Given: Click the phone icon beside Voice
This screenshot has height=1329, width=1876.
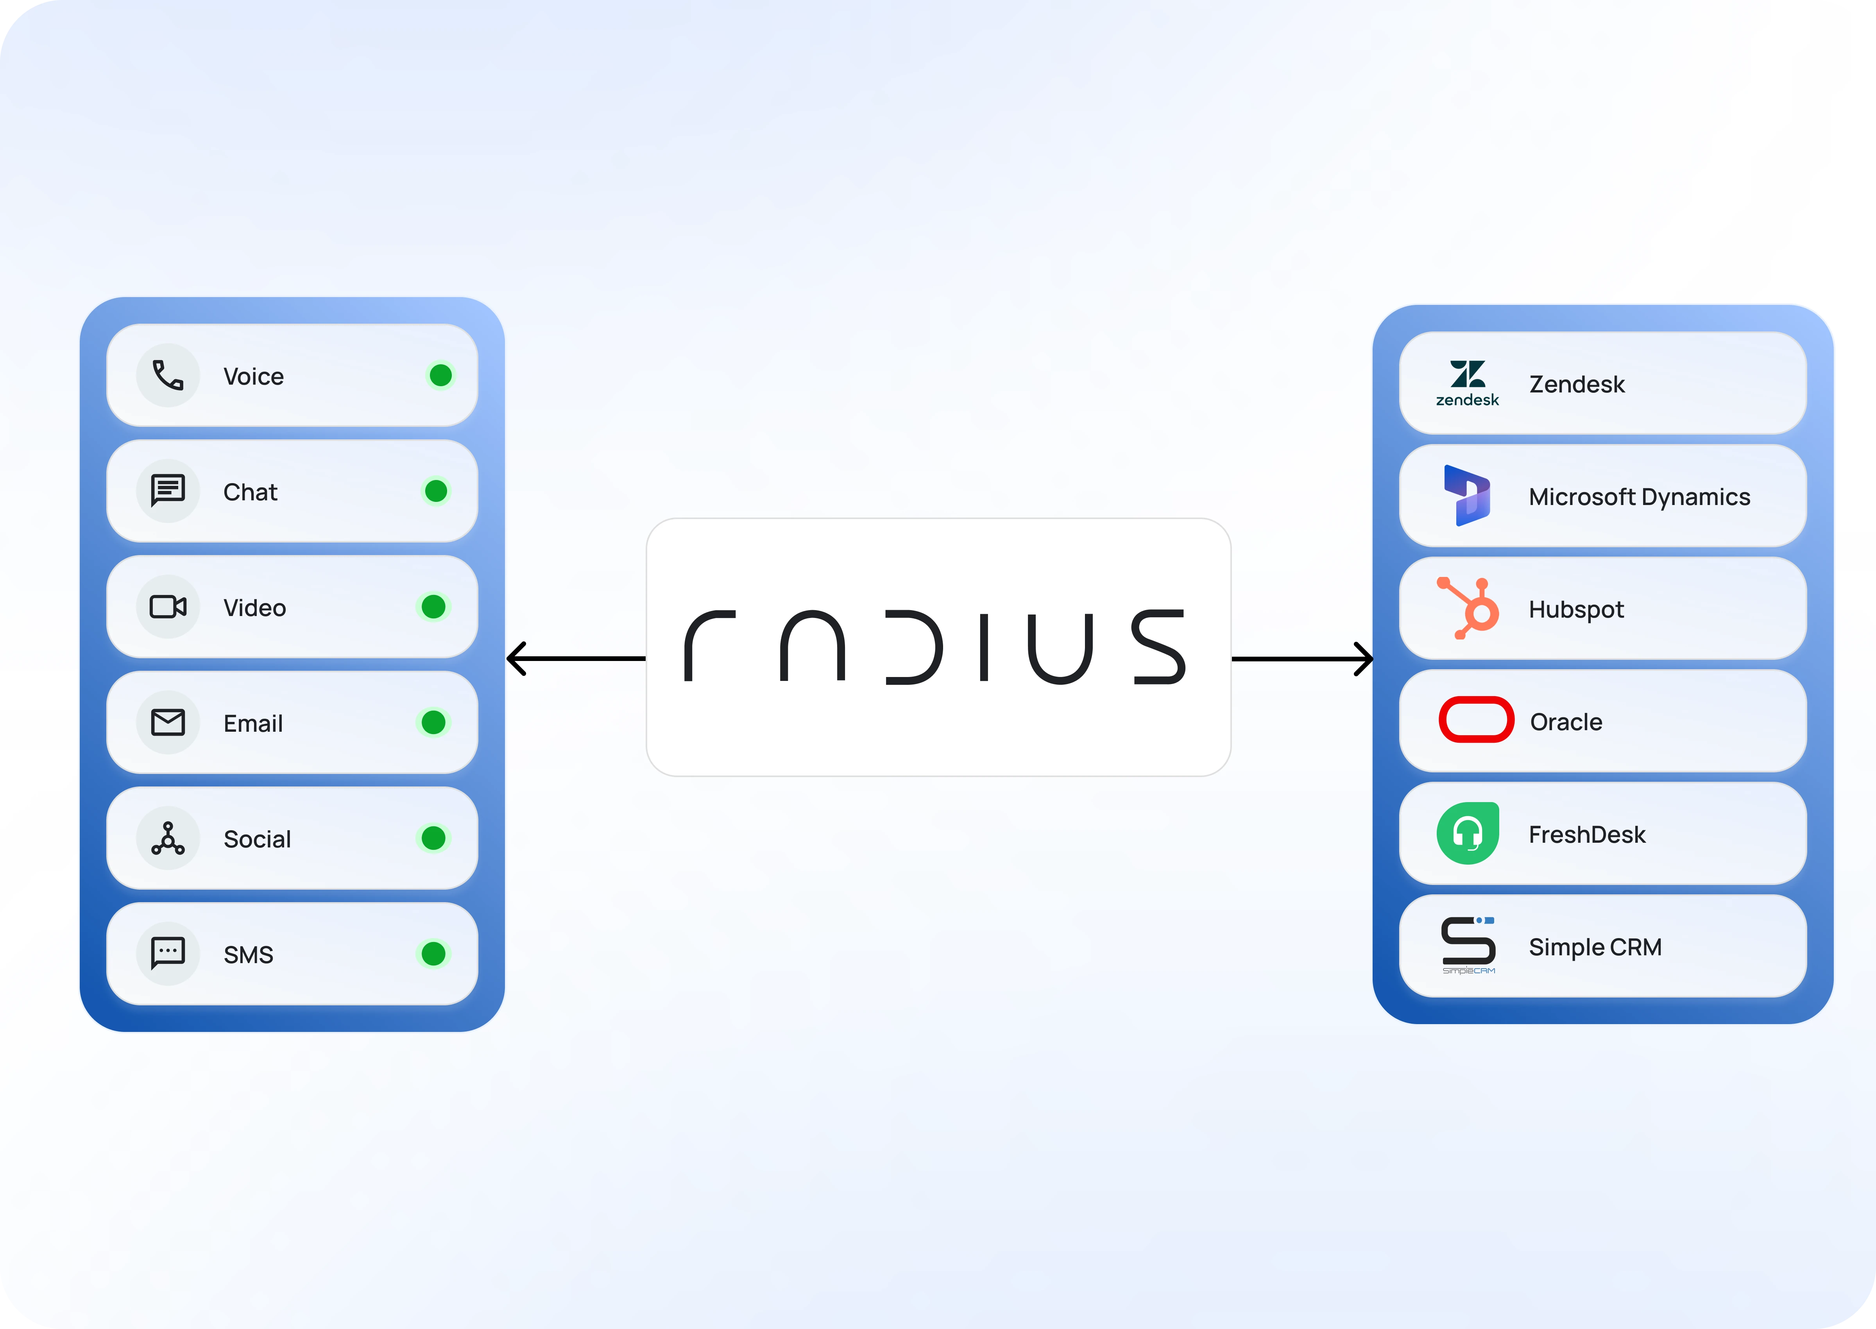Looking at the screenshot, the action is pos(168,376).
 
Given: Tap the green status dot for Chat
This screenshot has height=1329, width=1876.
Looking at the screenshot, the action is pos(436,491).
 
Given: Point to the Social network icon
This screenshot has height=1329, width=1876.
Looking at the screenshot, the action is pos(168,838).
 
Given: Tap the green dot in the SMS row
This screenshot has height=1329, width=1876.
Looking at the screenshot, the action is pos(433,953).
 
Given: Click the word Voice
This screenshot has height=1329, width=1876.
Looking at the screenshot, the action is pos(254,376).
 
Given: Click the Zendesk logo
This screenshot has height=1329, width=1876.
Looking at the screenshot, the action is pos(1468,383).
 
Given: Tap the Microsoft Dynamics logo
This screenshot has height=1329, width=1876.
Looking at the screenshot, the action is pos(1467,495).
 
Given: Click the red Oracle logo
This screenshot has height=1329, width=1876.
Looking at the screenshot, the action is pos(1476,719).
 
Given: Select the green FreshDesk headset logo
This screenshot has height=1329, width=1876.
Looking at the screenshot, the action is pos(1468,833).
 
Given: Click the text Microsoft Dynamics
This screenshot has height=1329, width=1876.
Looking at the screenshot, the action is pos(1640,497).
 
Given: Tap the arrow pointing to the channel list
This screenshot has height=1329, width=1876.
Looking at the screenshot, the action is pos(576,658).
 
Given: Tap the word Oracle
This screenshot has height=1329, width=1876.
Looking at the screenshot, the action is pos(1566,722).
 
